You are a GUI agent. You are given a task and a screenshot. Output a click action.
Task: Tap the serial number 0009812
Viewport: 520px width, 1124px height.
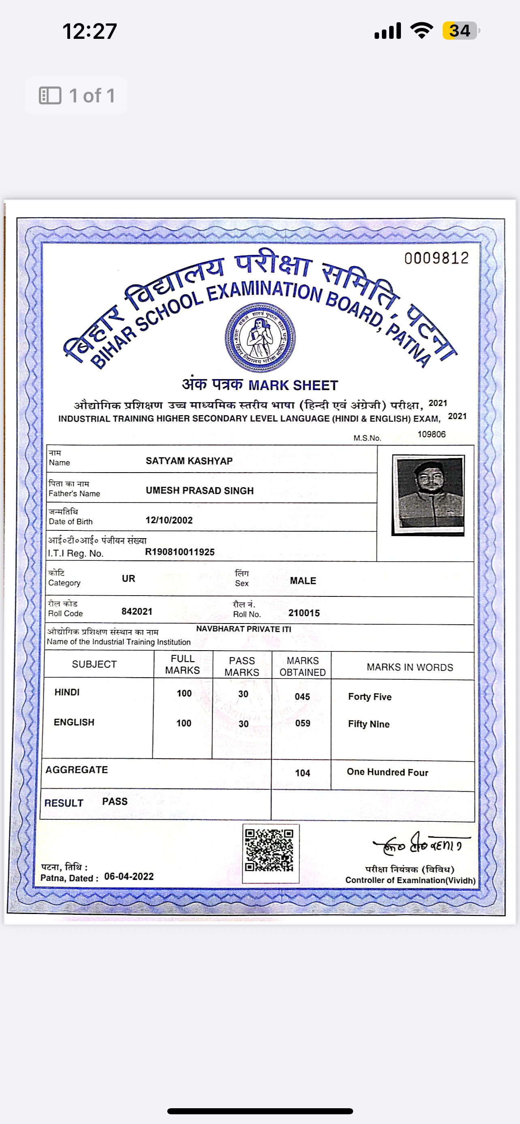click(x=436, y=258)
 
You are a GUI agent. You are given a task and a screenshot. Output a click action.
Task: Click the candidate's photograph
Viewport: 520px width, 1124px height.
click(x=428, y=495)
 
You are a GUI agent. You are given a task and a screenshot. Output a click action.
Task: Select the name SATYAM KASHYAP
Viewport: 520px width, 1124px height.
click(x=189, y=461)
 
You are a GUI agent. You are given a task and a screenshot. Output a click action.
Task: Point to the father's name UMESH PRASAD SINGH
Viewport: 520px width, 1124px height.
click(x=200, y=490)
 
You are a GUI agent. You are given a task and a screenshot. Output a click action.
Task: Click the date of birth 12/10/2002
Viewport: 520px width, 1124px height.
click(x=169, y=520)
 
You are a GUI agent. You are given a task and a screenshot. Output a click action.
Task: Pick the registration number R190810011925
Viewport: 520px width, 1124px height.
click(x=179, y=552)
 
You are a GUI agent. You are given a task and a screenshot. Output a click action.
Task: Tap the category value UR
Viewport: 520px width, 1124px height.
click(x=128, y=579)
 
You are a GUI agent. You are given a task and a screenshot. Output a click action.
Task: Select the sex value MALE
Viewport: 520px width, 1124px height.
click(x=303, y=581)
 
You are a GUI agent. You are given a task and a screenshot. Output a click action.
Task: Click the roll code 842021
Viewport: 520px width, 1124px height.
click(x=136, y=611)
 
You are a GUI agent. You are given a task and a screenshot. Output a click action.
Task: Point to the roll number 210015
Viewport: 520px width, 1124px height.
click(x=304, y=613)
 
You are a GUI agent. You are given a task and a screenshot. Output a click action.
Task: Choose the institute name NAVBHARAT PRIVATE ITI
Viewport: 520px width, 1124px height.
click(x=244, y=629)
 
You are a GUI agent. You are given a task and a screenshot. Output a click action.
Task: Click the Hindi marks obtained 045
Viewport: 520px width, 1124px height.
click(x=302, y=696)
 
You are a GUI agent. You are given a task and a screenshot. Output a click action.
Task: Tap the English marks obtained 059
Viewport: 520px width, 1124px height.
click(x=303, y=723)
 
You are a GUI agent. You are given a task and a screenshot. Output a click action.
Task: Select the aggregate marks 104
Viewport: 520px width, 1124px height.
click(x=303, y=773)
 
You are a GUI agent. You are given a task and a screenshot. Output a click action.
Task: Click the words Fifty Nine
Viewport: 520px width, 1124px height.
click(x=369, y=724)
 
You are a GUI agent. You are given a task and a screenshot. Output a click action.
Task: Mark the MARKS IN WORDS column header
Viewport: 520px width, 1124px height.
click(x=409, y=667)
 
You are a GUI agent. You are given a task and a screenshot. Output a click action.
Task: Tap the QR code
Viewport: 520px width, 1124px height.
click(x=269, y=850)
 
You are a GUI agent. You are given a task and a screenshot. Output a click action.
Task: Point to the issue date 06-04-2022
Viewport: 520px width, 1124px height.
click(x=129, y=877)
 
